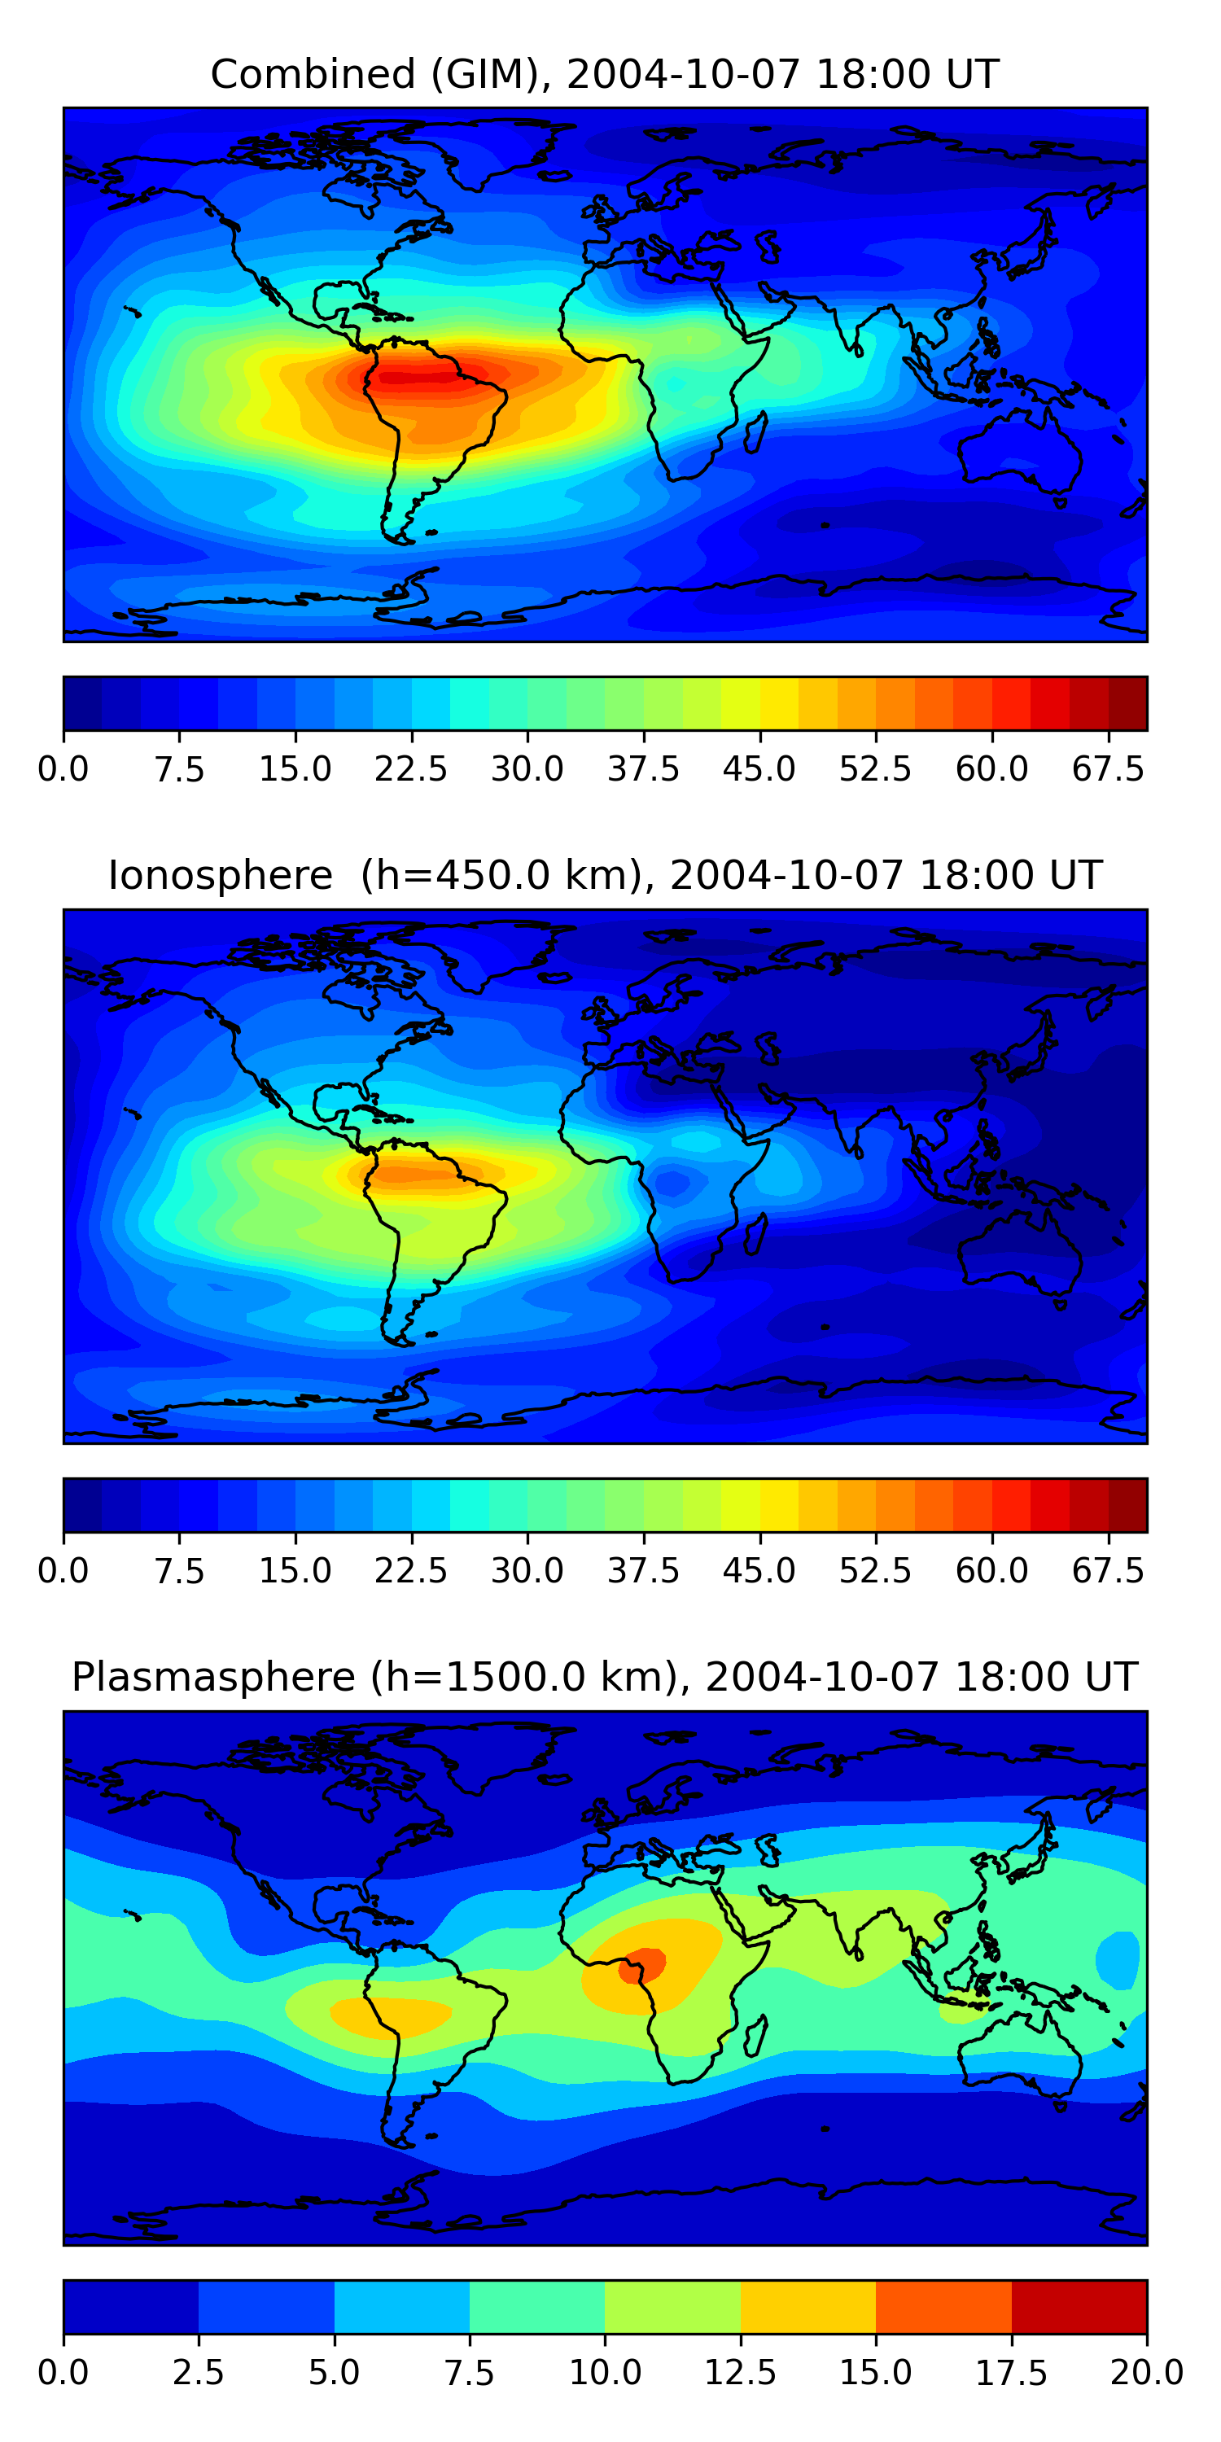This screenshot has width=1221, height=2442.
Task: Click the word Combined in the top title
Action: click(313, 74)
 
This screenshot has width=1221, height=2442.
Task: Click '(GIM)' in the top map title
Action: click(491, 74)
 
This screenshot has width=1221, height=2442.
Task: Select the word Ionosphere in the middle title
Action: click(220, 875)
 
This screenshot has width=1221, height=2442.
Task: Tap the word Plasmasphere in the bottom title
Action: click(213, 1677)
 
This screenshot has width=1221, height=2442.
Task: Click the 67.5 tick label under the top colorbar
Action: click(1108, 768)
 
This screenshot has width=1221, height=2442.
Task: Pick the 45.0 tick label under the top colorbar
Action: click(759, 768)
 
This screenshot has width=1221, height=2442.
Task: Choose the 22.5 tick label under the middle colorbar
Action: click(410, 1571)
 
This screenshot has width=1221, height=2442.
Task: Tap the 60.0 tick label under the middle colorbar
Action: click(991, 1571)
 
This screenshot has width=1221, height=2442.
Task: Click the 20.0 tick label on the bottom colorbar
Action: click(1147, 2373)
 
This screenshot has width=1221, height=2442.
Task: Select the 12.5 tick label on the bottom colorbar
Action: click(741, 2373)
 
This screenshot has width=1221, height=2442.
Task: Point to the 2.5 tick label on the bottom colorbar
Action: click(198, 2373)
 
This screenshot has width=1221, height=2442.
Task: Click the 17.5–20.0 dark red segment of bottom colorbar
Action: click(1079, 2306)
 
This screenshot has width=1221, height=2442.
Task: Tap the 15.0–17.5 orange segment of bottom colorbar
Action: click(943, 2306)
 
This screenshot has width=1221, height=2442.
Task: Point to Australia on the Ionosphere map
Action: click(1019, 1251)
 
